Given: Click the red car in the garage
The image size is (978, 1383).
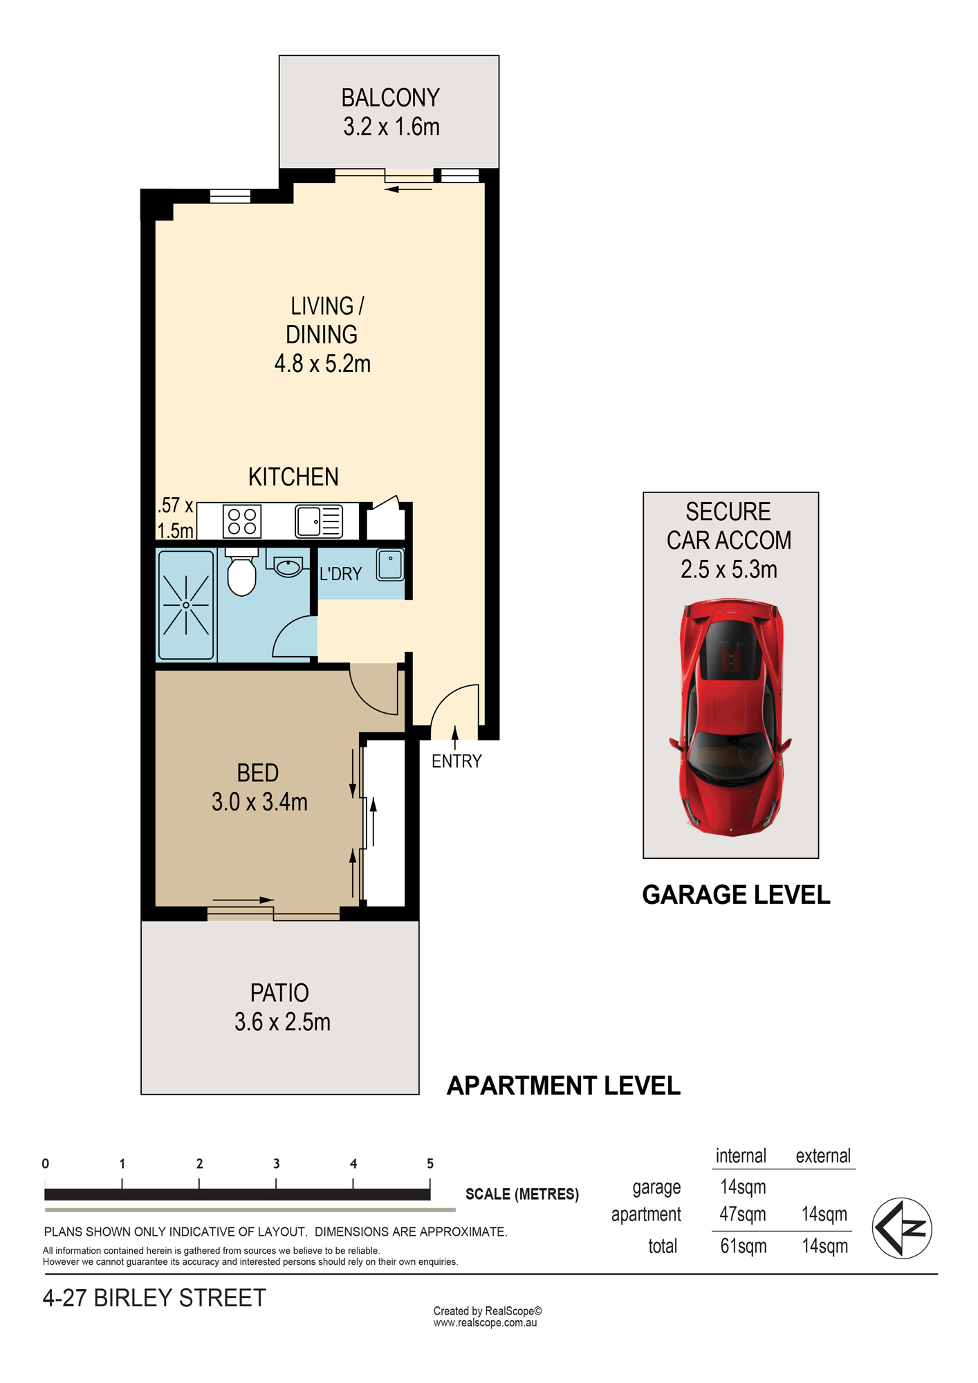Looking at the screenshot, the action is click(730, 718).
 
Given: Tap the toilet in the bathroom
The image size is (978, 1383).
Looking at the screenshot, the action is click(241, 572).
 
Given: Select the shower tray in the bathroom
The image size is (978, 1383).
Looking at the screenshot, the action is click(186, 605).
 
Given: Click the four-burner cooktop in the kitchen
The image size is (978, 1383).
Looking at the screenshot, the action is click(242, 521).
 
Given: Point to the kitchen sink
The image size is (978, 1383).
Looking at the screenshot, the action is click(319, 521).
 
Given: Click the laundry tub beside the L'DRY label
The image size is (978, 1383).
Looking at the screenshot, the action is click(390, 564).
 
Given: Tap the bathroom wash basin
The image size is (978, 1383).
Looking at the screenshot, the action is click(288, 567).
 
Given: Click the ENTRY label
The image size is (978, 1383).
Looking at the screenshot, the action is click(456, 761).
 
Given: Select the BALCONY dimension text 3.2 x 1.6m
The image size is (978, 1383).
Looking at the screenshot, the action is click(391, 127).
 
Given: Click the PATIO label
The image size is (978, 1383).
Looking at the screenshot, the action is click(279, 993).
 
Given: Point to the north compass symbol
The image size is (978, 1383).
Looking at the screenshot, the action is click(902, 1228).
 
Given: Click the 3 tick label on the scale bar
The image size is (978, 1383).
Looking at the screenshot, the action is click(277, 1164).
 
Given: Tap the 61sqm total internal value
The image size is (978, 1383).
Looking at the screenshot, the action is click(744, 1246).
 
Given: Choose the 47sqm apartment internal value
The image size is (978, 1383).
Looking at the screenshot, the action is click(743, 1214).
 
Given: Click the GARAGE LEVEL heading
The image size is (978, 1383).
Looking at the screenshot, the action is click(736, 895).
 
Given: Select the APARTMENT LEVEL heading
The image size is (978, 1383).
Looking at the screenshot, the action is click(564, 1086).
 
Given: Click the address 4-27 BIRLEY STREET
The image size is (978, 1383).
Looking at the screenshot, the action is click(154, 1298).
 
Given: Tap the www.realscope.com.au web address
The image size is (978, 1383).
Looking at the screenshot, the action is click(485, 1323).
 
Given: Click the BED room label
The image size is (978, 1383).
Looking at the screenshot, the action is click(258, 772).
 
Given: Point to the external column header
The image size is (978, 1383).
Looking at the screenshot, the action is click(823, 1156).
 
